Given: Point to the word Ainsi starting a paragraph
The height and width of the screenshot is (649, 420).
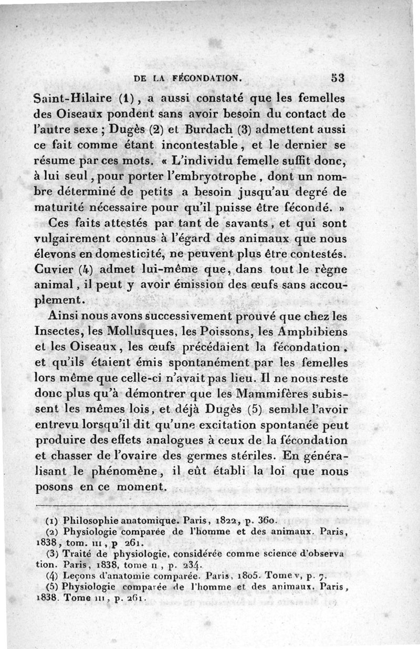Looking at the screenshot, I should pos(66,317).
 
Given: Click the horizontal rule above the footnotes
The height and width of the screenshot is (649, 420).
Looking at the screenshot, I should pos(192,505).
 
